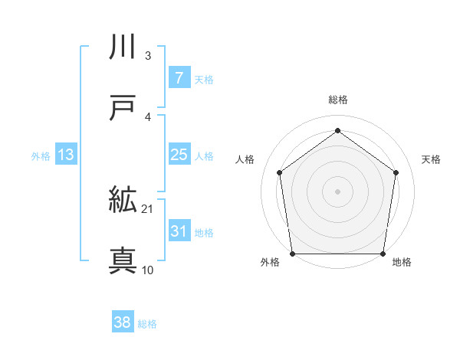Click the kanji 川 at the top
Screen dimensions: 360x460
click(x=123, y=47)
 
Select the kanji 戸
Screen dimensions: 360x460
click(x=123, y=109)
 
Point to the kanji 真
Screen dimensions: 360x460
click(x=123, y=261)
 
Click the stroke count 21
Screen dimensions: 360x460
click(x=147, y=208)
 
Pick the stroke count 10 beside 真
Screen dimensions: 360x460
click(x=147, y=270)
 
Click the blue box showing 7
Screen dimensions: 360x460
click(x=179, y=77)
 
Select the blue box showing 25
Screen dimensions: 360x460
click(x=179, y=155)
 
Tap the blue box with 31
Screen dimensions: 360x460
click(x=179, y=231)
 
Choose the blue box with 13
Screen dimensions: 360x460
click(x=65, y=155)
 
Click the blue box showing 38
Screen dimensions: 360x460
click(x=122, y=322)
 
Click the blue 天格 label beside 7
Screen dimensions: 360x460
click(x=204, y=79)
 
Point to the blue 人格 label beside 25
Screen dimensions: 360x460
click(x=204, y=156)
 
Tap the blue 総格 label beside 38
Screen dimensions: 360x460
click(x=147, y=324)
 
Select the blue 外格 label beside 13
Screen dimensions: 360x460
click(x=41, y=156)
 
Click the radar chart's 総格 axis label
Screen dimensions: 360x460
click(x=337, y=100)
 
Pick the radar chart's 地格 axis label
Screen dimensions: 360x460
click(x=402, y=263)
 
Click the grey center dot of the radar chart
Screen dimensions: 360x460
click(x=337, y=191)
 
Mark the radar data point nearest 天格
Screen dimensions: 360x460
click(x=396, y=172)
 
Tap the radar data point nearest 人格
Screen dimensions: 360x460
click(x=279, y=172)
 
